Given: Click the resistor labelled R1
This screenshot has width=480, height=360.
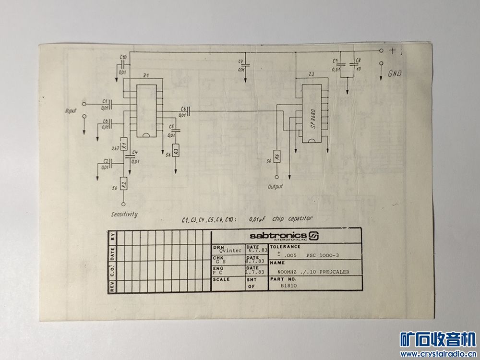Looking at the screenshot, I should (x=123, y=144).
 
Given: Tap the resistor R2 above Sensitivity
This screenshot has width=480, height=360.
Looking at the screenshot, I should (x=123, y=183).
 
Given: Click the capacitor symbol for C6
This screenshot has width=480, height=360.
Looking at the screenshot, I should (x=189, y=111).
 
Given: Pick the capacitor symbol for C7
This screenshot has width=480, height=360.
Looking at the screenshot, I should (x=245, y=64).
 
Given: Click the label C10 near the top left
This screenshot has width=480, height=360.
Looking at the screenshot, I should (x=123, y=58).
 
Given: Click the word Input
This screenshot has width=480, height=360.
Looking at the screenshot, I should (x=71, y=111).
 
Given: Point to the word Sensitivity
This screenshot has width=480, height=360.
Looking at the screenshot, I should (x=124, y=214).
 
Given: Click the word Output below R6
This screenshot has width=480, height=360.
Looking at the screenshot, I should (x=275, y=186).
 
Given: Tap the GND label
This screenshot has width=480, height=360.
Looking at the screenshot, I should (x=395, y=73).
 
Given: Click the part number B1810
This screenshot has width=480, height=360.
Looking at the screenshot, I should (x=289, y=285).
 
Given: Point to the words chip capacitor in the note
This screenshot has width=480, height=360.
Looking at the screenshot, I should (x=292, y=218).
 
